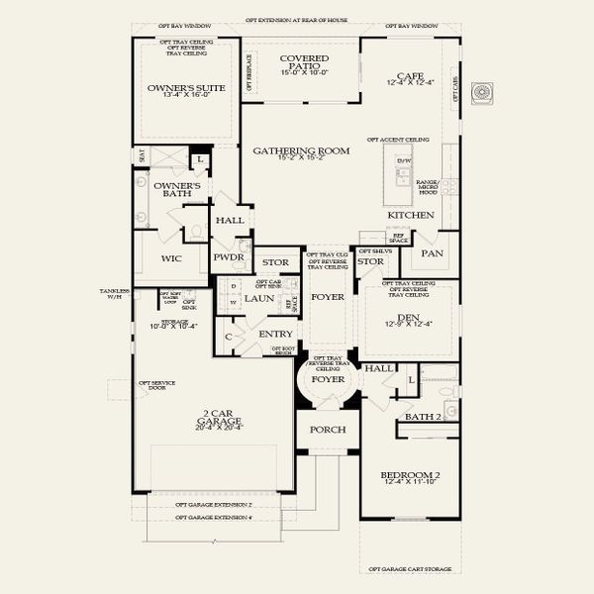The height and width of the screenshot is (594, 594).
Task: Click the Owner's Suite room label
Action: coord(187,88)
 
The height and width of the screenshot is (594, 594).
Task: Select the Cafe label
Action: coord(410,75)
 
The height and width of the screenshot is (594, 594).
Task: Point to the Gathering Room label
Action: coord(301,150)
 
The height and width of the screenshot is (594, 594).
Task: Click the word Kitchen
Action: coord(410,215)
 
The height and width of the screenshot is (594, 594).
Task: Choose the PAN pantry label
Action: coord(432,253)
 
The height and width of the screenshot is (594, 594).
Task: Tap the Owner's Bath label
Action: coord(177,190)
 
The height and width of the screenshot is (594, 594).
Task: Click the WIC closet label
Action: coord(170,259)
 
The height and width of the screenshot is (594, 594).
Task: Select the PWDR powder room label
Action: coord(229,256)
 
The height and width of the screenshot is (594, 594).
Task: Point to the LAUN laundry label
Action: coord(259,298)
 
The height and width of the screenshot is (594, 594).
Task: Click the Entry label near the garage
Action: coord(275,334)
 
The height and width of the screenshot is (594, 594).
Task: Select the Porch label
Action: coord(327,430)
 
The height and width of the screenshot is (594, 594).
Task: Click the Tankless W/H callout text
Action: coord(115,293)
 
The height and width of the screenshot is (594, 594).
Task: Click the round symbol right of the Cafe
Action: coord(482,91)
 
